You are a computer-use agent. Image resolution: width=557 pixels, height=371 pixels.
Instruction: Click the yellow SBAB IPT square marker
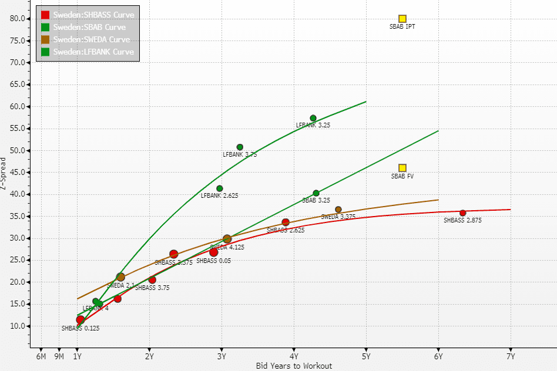[402, 19]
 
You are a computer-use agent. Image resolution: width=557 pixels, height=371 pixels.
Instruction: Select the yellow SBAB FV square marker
[402, 168]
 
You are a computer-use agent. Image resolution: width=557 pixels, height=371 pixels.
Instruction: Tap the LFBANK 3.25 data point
[313, 118]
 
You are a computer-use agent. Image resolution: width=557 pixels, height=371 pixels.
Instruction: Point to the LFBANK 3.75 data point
[240, 147]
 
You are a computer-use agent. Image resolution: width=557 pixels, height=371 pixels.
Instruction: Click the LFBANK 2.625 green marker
[220, 188]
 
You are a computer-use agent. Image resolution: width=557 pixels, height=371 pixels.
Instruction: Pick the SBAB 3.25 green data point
[316, 193]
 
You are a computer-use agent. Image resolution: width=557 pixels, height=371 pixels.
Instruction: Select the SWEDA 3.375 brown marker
[338, 210]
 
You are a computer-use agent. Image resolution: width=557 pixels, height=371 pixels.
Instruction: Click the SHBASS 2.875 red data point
[463, 213]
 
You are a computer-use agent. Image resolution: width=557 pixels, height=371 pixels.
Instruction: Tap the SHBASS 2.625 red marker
[286, 222]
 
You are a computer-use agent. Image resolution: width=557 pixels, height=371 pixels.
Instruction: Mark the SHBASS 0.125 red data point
[80, 320]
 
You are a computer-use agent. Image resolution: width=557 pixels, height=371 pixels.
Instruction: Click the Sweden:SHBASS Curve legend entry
[93, 15]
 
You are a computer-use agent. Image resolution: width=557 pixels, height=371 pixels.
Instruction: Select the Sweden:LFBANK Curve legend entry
[93, 52]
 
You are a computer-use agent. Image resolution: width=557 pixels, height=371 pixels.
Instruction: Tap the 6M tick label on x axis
[41, 356]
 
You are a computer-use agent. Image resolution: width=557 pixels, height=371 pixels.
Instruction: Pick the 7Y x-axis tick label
[511, 356]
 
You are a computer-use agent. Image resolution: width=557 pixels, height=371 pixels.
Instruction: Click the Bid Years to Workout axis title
[294, 366]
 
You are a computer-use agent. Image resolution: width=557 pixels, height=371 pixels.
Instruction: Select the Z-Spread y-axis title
[5, 174]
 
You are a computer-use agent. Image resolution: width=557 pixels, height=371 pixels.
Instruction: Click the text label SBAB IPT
[402, 26]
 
